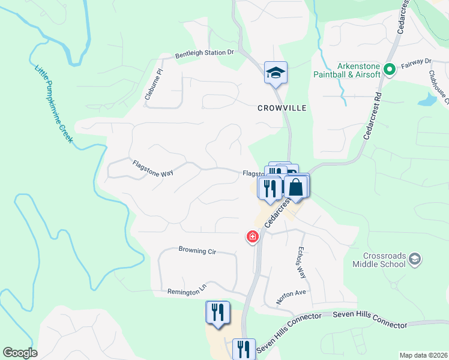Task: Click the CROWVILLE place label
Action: (282, 108)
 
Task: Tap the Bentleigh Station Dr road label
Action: (204, 53)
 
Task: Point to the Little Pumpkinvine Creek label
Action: (53, 103)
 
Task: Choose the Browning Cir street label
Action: (197, 250)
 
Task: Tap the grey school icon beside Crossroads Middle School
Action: (414, 259)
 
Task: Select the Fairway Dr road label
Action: (420, 61)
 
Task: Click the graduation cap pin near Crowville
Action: (276, 73)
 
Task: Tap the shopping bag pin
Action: (297, 187)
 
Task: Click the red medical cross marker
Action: (252, 236)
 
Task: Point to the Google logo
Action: (20, 353)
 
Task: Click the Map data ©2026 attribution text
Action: (423, 355)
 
